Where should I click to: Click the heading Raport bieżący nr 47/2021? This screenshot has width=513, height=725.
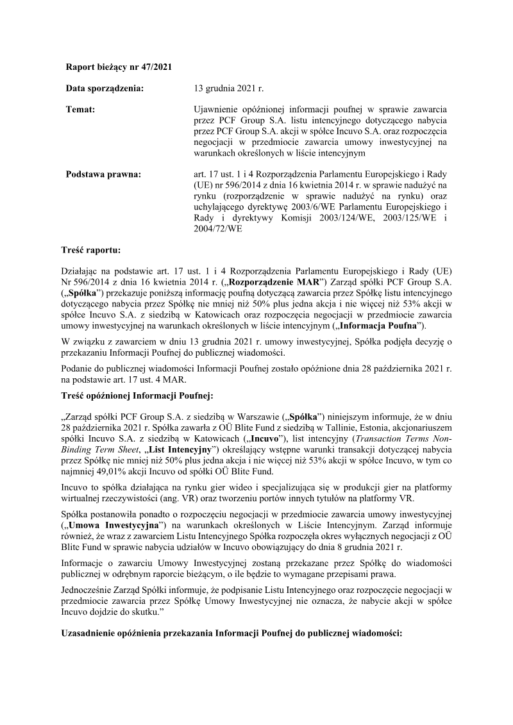tap(119, 67)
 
